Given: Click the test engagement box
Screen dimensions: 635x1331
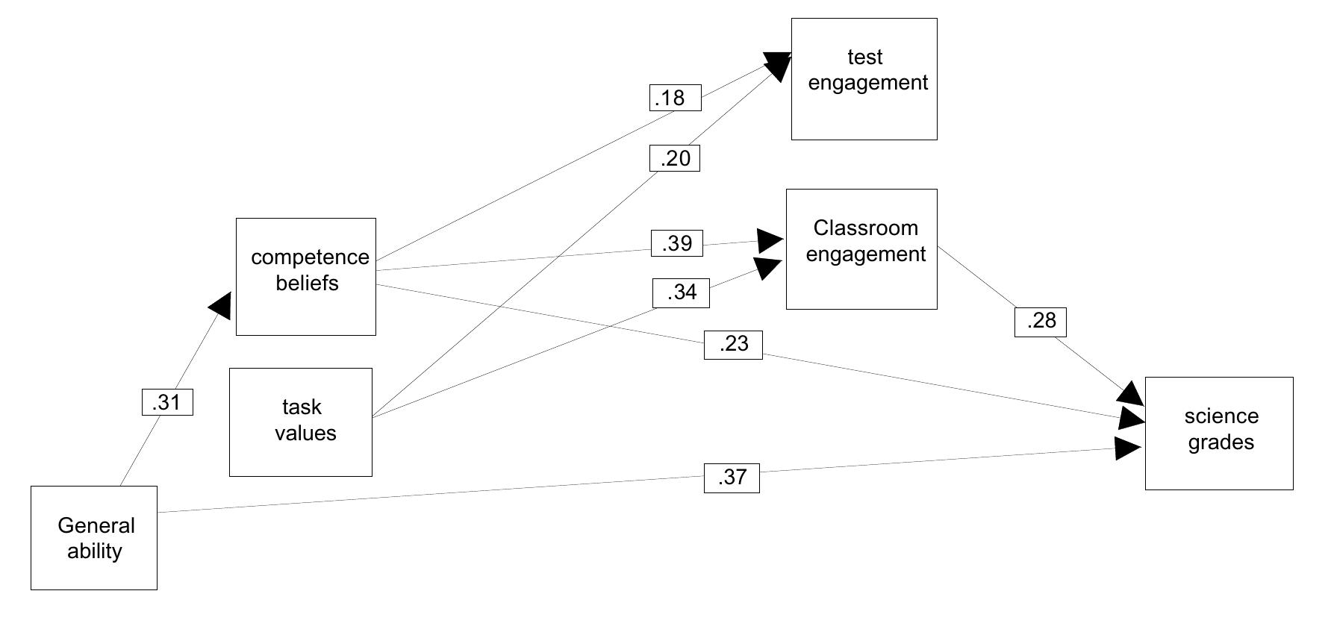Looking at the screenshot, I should pos(864,79).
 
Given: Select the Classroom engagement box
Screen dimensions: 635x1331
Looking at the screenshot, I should pos(861,249).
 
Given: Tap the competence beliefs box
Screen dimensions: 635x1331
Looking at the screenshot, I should pos(305,277).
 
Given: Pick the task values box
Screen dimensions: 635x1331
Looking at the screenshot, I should pos(300,422).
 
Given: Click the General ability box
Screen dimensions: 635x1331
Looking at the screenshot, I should pos(93,538).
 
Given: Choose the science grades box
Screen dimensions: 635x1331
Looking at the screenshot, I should pos(1218,434).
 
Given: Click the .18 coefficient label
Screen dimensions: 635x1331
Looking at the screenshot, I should pos(675,98).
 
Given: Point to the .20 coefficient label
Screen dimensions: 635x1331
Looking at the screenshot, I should pos(674,158).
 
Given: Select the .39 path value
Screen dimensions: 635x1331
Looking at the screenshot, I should pos(676,243).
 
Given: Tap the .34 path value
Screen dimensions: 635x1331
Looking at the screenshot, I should pos(680,293).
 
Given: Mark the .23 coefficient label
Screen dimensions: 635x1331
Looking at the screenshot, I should pos(732,345).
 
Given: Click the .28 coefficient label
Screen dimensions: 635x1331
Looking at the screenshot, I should pos(1040,322).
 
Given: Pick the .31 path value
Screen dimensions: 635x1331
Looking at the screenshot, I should pos(167,402).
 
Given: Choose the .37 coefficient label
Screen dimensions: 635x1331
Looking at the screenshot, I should pos(731,478).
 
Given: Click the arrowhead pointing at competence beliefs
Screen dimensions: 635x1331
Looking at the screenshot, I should pos(221,304).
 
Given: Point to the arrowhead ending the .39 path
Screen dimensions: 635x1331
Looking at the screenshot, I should pos(770,240).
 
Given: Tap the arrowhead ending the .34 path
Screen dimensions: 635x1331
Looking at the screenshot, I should pos(768,267).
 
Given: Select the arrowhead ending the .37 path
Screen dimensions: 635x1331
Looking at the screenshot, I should pos(1127,448).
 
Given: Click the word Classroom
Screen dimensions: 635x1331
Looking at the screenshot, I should pos(865,228).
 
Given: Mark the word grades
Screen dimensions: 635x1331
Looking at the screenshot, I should pos(1221,442).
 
